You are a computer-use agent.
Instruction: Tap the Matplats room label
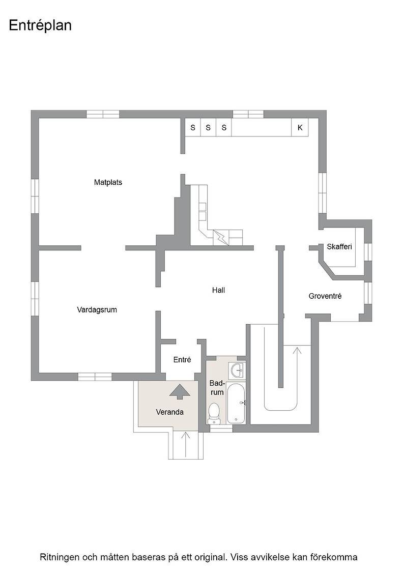point(108,183)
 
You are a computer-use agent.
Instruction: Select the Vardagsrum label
point(97,310)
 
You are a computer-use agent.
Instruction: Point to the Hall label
point(218,290)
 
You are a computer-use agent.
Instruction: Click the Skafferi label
point(339,247)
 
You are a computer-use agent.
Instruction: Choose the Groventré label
point(325,296)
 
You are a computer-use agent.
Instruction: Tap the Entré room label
point(182,360)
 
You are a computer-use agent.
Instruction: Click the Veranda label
point(170,412)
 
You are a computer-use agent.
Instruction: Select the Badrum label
point(217,388)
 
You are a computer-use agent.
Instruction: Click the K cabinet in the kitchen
point(300,128)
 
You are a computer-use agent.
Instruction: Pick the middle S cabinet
point(208,128)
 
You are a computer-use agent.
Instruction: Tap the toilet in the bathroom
point(214,414)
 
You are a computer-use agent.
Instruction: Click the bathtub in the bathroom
point(237,403)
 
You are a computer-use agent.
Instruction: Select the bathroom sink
point(237,371)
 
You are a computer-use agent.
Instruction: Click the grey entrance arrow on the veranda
point(180,392)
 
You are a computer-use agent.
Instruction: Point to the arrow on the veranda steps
point(186,445)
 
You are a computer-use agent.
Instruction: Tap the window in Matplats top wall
point(103,114)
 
